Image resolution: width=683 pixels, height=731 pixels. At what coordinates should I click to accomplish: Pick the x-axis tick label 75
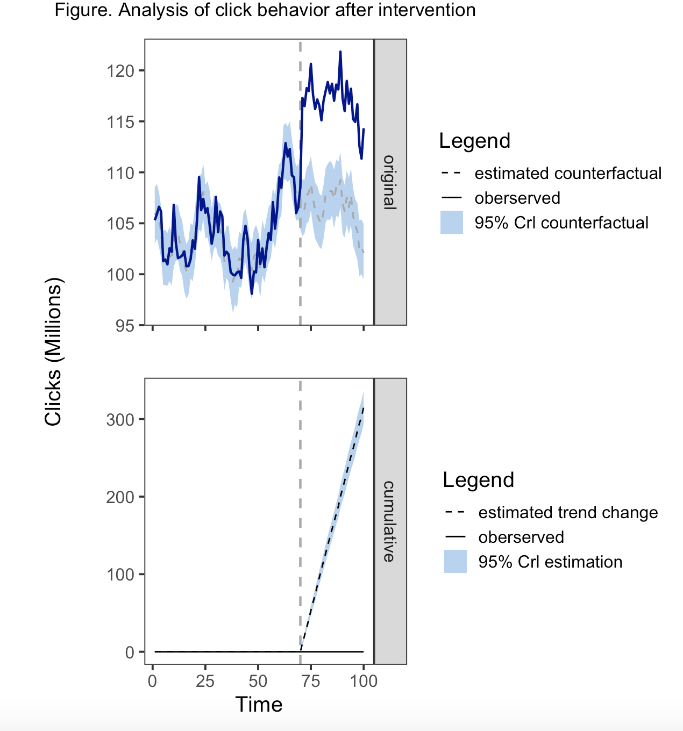(311, 682)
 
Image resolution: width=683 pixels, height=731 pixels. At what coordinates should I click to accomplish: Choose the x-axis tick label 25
(205, 682)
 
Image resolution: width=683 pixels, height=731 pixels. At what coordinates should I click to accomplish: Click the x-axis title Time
(259, 705)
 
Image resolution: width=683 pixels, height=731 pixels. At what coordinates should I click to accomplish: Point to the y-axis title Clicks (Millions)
(54, 352)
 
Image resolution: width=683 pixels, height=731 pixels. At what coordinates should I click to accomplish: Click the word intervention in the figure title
(428, 10)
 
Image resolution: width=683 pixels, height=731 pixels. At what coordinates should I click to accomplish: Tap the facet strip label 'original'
(389, 182)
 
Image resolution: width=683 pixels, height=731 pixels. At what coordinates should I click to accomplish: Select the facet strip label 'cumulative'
(389, 521)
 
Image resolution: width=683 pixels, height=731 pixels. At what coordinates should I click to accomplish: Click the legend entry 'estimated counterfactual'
(568, 174)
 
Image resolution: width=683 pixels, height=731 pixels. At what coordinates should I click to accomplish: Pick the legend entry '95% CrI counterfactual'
(561, 223)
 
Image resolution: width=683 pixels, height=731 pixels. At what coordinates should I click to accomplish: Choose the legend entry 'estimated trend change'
(568, 513)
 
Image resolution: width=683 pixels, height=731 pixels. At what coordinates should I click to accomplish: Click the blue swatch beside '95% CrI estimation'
(455, 562)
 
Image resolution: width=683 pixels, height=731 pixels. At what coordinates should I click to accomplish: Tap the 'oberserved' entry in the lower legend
(521, 537)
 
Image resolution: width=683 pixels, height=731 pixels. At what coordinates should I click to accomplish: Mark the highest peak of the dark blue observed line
(340, 52)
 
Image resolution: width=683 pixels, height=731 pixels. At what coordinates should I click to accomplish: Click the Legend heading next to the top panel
(474, 141)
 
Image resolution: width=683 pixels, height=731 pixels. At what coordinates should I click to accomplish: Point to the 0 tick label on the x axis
(153, 682)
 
